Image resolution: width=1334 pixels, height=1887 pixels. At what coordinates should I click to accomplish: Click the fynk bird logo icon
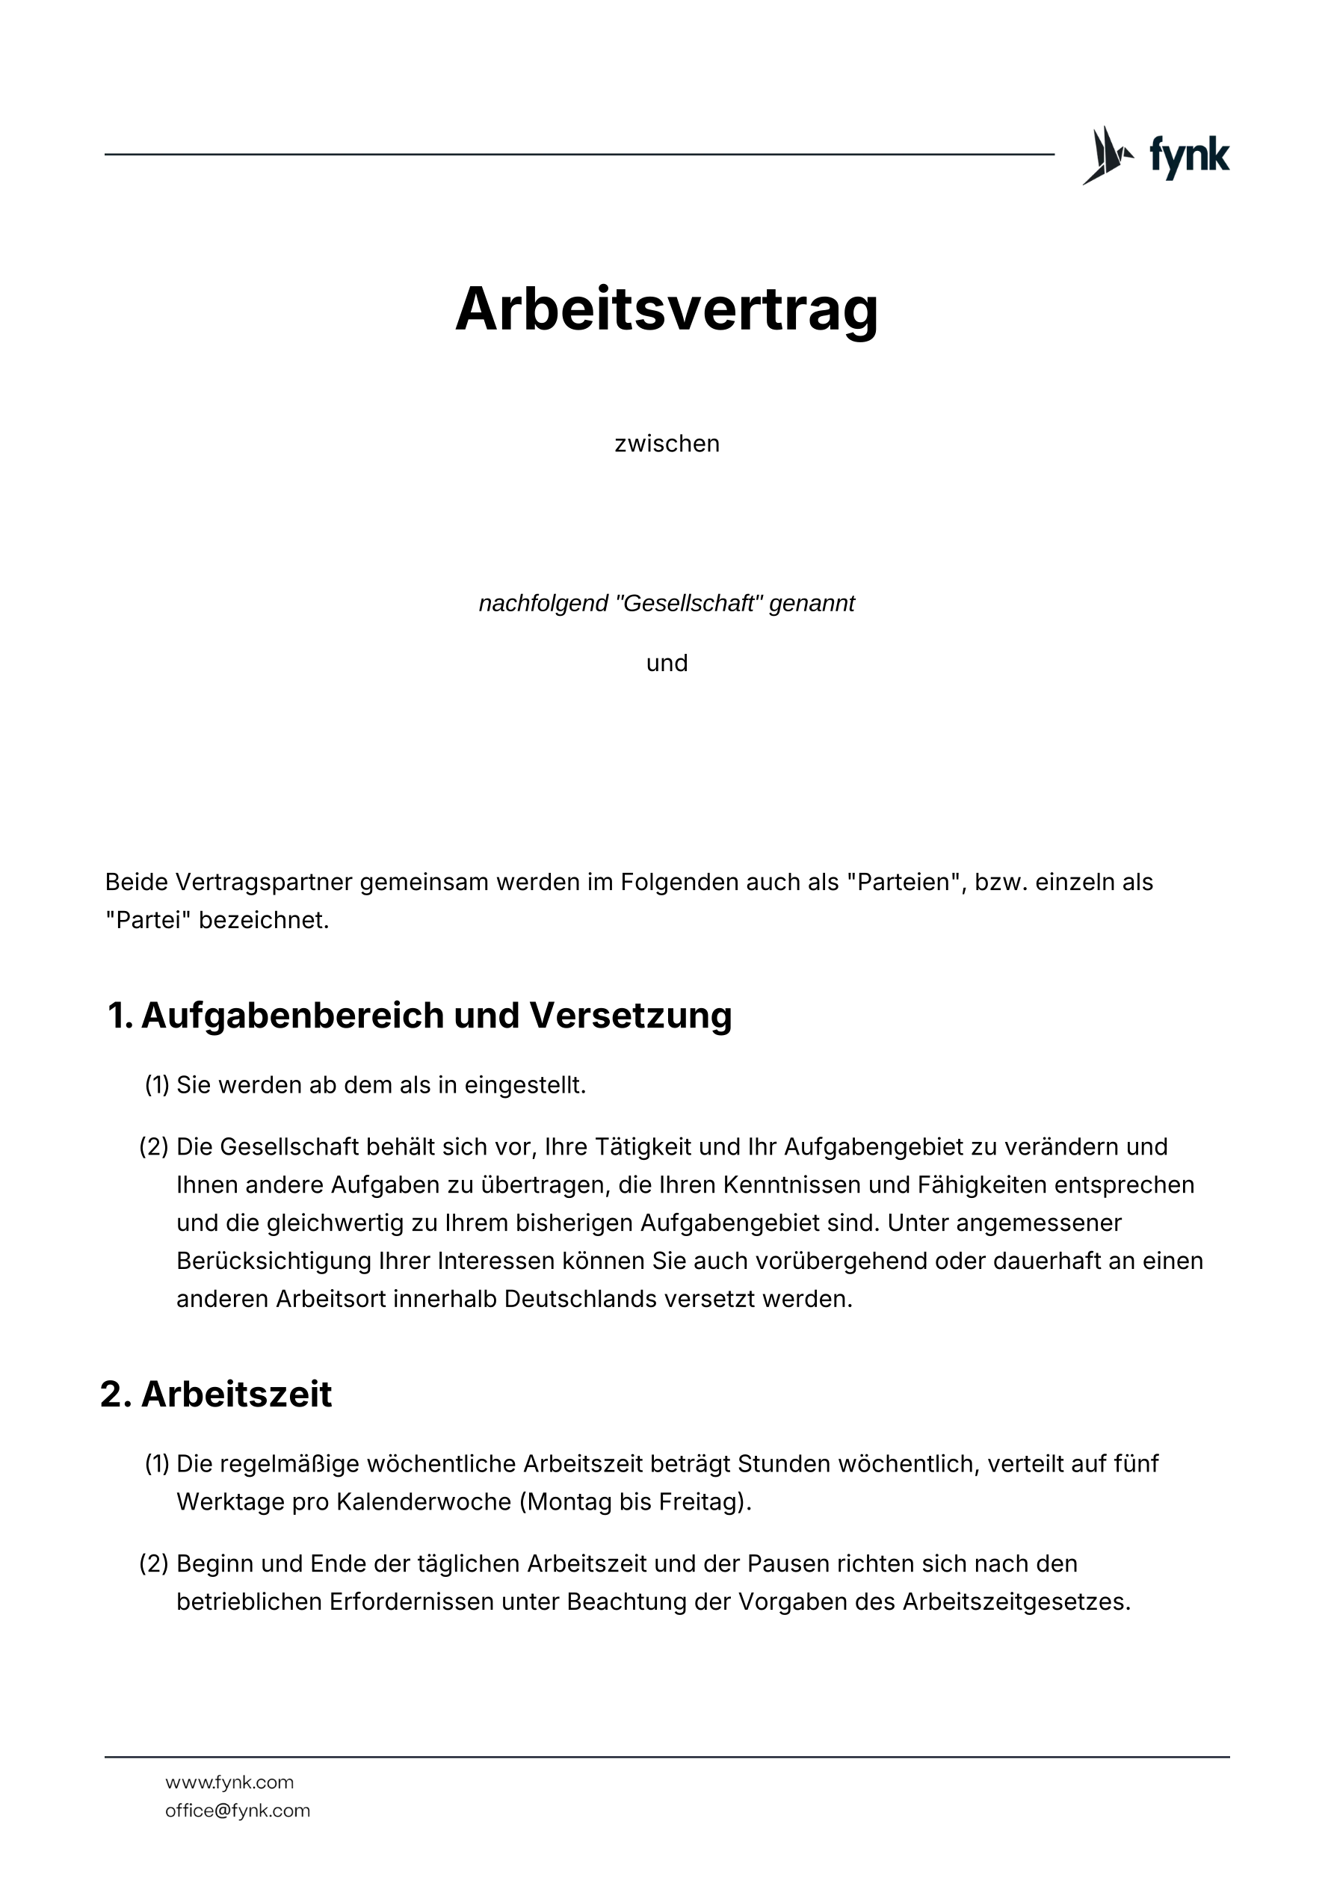[x=1107, y=155]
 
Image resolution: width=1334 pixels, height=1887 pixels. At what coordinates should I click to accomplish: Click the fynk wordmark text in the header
[x=1188, y=155]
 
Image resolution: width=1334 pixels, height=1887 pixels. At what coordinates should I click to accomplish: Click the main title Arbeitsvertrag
[x=667, y=309]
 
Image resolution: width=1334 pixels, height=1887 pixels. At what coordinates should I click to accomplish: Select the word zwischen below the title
[x=667, y=444]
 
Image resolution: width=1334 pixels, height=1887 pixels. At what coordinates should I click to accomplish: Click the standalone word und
[x=667, y=663]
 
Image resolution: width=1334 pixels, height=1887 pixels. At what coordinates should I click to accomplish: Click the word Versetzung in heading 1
[x=631, y=1015]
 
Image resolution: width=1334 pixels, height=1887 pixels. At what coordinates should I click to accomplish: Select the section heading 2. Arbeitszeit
[x=216, y=1395]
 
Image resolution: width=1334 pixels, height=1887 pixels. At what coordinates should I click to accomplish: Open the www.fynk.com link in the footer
[x=229, y=1782]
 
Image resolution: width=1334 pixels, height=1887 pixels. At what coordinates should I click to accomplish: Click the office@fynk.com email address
[x=238, y=1811]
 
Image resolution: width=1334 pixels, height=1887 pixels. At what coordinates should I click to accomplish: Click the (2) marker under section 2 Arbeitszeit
[x=154, y=1564]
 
